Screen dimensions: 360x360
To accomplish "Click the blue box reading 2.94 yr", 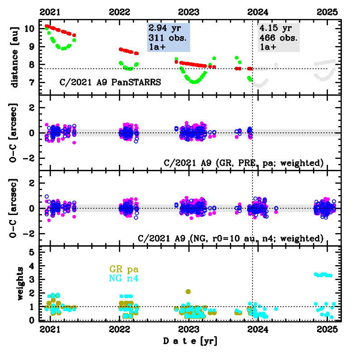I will (x=168, y=37).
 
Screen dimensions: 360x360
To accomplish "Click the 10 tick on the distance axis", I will (x=30, y=28).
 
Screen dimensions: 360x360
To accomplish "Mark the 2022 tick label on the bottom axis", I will (x=120, y=329).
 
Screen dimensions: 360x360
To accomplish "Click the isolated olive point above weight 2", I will (x=188, y=291).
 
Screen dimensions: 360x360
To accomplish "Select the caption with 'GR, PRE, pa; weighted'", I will (x=231, y=163).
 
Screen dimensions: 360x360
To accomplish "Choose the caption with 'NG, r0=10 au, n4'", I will (x=231, y=238).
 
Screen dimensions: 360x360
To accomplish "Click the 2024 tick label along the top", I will (x=258, y=12).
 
